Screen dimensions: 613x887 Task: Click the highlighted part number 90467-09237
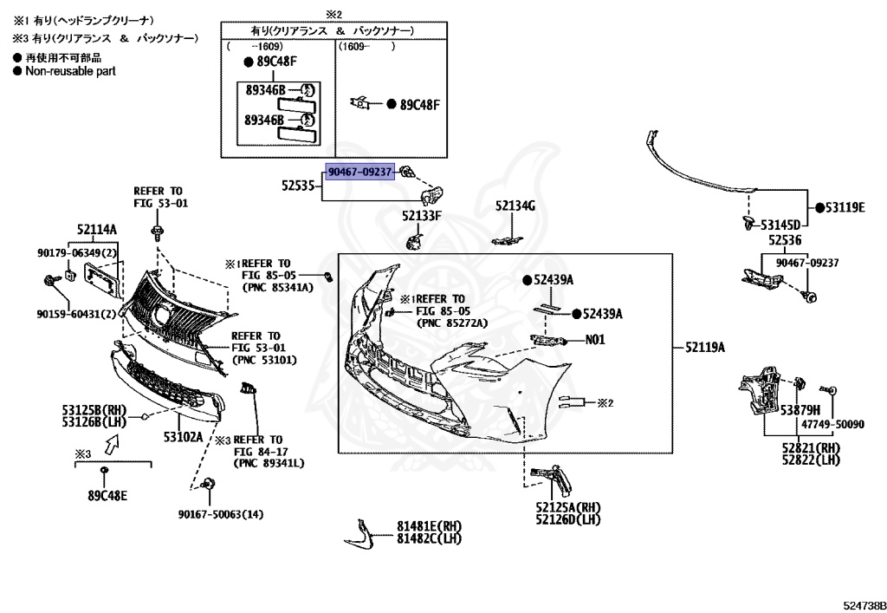click(359, 172)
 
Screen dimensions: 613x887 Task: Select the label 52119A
click(704, 347)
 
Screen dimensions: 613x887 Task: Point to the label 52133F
click(422, 215)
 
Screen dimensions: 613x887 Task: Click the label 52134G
click(515, 205)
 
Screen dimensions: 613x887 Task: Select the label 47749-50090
click(832, 425)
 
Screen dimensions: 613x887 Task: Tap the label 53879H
click(801, 409)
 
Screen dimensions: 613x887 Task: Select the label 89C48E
click(107, 496)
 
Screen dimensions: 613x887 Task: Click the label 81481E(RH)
click(430, 526)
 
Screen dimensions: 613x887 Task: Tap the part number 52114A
click(96, 229)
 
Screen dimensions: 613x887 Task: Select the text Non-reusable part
click(69, 71)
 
